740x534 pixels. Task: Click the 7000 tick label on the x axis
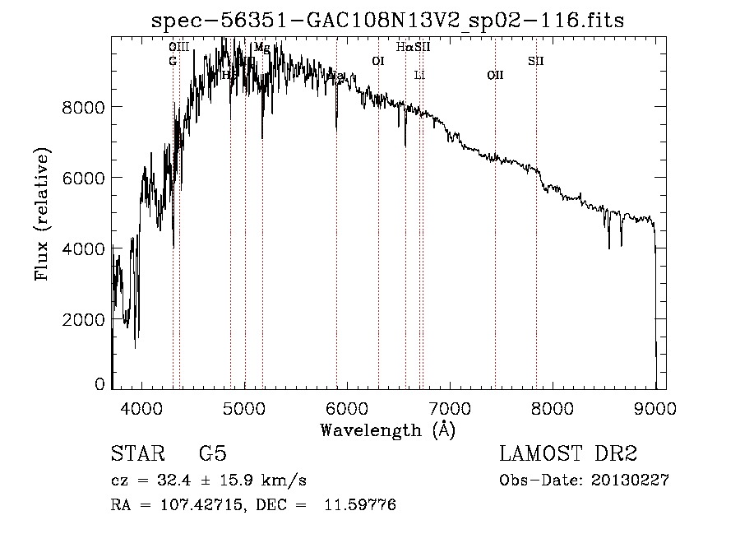450,408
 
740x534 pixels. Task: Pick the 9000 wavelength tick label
655,408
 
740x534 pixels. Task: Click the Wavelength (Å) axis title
387,430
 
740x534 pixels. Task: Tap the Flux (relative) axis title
42,214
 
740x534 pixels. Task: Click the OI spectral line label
378,61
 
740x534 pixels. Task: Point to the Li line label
419,75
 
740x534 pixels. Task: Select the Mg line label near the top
261,47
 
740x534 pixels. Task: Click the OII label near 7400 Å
495,75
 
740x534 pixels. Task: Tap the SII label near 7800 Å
535,61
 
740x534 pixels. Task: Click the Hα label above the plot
404,47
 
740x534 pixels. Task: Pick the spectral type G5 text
213,454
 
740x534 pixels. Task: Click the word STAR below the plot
136,454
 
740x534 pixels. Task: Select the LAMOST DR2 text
568,454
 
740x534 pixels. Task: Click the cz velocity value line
209,481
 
